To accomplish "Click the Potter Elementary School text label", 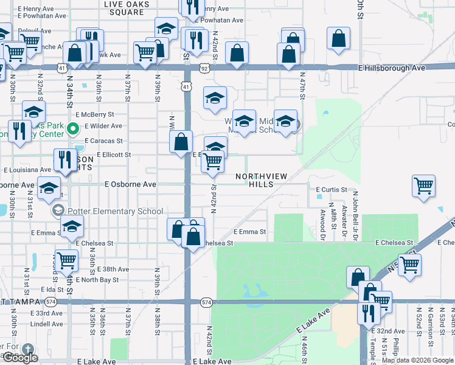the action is point(116,211).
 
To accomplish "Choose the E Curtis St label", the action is point(332,189).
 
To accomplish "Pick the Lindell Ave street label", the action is point(47,324).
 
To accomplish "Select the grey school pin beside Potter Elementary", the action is point(58,211).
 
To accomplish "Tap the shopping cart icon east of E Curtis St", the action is point(423,185).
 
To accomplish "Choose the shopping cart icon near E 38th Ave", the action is point(66,260).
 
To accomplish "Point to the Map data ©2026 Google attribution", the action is point(417,360).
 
